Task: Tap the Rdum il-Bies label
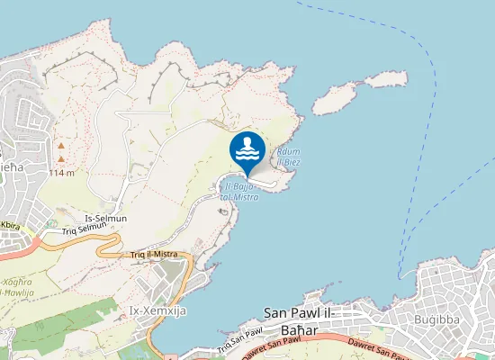point(289,157)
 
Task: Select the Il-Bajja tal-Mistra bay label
point(238,192)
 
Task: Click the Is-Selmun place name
point(105,219)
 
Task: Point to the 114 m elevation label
point(60,172)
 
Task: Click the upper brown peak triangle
point(61,144)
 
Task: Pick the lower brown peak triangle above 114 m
point(61,158)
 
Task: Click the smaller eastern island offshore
point(385,79)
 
